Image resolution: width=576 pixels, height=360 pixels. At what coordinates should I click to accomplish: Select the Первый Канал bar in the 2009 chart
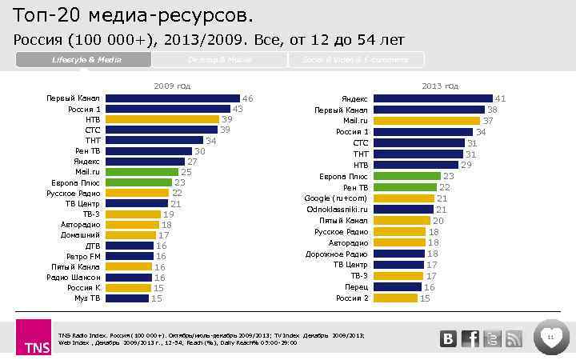[173, 98]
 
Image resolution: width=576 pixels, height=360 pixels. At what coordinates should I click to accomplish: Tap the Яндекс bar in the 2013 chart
[432, 98]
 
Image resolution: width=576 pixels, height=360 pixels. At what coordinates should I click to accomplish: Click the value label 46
[248, 98]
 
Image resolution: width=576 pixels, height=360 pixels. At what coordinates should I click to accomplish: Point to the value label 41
[500, 98]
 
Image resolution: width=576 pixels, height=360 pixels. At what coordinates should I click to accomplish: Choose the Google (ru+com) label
[336, 198]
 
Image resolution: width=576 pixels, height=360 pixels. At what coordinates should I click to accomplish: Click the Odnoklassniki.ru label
[337, 209]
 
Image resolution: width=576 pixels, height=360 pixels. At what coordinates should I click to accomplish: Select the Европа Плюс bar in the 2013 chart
[406, 176]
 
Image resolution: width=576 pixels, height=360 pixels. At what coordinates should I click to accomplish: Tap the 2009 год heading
[172, 85]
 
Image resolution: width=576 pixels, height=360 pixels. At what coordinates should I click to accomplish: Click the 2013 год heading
[441, 86]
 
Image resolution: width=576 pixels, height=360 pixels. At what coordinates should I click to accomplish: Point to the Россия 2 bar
[395, 298]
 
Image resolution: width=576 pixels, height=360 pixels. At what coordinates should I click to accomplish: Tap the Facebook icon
[471, 338]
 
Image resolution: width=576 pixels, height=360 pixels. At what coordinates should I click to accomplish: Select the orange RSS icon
[513, 338]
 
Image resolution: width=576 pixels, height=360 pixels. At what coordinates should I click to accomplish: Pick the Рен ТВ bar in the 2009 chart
[149, 150]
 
